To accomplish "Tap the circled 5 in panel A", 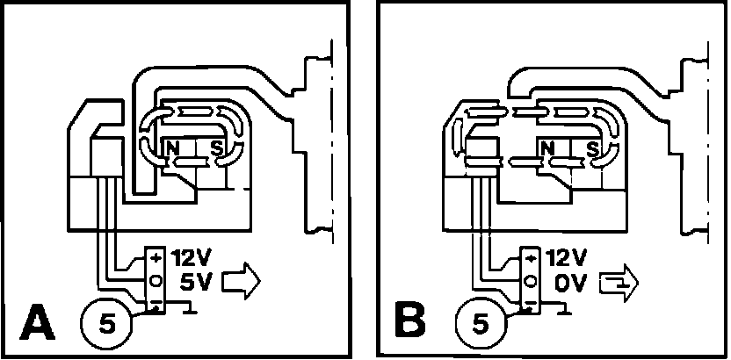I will point(107,323).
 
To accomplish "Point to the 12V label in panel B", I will point(567,259).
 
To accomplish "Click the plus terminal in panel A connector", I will point(156,260).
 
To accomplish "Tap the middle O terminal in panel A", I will point(156,281).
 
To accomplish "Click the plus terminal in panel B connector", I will point(532,260).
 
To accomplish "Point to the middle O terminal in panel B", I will point(532,281).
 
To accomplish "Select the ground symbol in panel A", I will point(188,307).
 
